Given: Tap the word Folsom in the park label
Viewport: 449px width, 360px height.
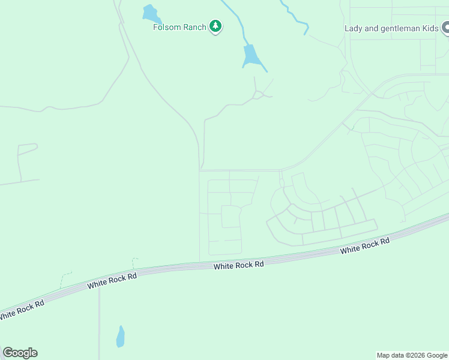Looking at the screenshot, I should [166, 27].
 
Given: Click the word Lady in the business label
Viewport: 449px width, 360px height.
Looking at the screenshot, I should [354, 28].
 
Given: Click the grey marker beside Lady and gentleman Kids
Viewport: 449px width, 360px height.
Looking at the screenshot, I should [446, 28].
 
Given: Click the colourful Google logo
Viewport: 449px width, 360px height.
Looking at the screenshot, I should [20, 353].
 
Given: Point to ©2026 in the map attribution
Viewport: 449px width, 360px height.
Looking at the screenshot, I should [412, 355].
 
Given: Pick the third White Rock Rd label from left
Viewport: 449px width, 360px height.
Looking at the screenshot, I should [238, 265].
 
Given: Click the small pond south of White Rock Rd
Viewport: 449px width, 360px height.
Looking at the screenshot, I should [120, 337].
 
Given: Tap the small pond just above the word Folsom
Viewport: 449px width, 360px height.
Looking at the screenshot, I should [149, 13].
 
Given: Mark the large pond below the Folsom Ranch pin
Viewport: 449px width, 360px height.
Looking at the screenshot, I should [251, 56].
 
